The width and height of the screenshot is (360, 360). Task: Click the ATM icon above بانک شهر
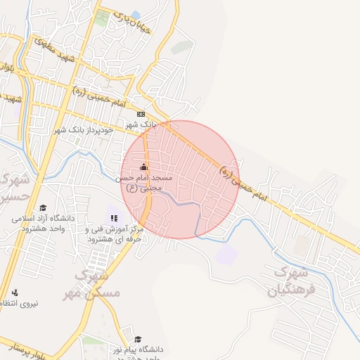click(x=141, y=114)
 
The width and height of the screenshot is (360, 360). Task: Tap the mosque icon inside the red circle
click(x=144, y=167)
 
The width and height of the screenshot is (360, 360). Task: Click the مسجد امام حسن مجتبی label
click(x=144, y=183)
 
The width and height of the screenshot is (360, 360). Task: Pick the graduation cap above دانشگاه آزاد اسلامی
click(x=43, y=207)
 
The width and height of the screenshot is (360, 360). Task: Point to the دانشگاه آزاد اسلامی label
click(x=42, y=224)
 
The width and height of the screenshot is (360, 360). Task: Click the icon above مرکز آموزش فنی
click(x=115, y=217)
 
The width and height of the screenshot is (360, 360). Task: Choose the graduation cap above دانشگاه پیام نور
click(x=127, y=338)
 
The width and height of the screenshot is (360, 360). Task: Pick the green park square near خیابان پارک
click(x=103, y=19)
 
